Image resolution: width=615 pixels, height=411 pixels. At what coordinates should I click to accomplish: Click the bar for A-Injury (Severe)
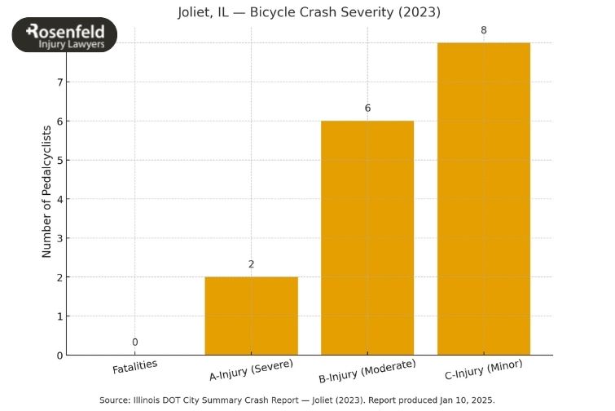251,316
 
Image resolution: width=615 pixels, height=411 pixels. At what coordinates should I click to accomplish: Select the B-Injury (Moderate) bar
367,237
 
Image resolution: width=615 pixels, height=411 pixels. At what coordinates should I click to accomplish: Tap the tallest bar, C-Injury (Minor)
484,198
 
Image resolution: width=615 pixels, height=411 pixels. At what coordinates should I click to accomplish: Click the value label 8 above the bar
484,30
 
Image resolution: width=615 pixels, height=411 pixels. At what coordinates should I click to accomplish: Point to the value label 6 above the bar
367,108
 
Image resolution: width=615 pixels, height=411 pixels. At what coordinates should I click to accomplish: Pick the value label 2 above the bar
251,264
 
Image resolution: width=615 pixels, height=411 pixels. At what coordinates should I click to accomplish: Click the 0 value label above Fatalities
134,342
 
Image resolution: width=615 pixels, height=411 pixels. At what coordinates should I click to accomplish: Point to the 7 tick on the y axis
59,82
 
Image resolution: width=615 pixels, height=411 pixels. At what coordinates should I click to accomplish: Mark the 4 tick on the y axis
59,199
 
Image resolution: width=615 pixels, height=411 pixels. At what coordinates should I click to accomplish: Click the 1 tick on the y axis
59,316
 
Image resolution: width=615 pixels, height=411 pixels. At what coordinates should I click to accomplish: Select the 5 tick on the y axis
59,161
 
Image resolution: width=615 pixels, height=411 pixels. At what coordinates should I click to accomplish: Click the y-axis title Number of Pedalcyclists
46,192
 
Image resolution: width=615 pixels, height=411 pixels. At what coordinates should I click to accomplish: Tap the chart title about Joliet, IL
309,12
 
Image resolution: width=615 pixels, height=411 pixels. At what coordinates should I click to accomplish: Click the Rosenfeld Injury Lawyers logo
65,36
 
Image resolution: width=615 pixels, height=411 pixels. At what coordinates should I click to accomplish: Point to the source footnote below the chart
297,400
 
